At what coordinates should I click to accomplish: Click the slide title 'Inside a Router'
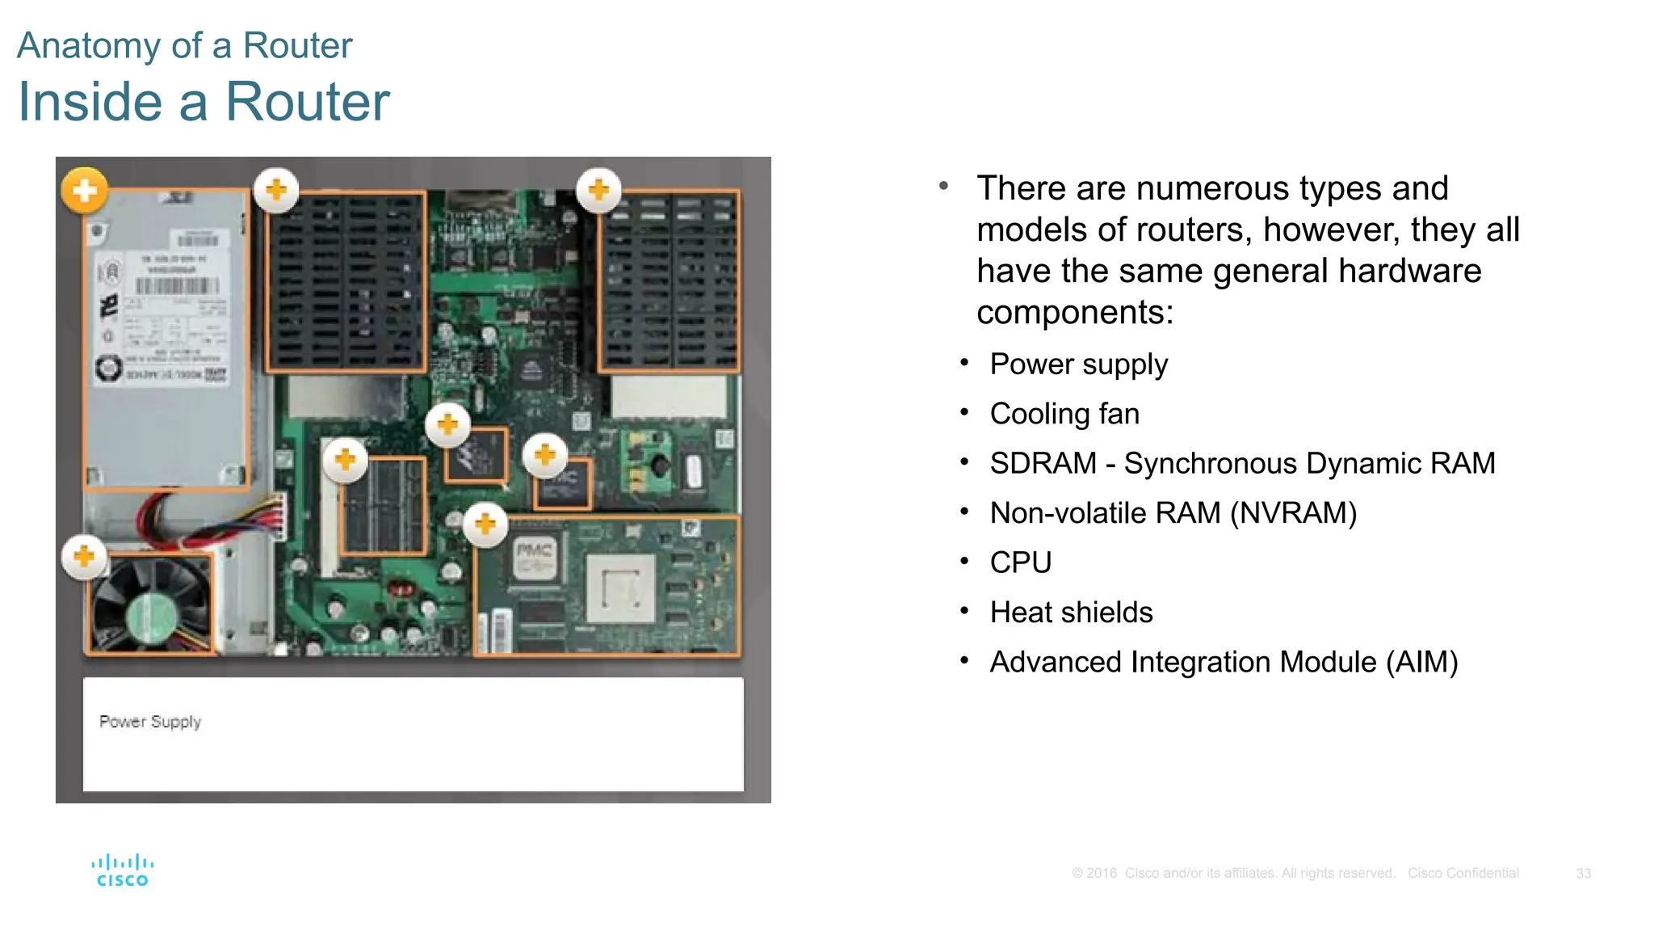[x=204, y=102]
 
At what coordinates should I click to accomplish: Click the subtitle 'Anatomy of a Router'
[x=184, y=45]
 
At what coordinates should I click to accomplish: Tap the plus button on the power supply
[x=84, y=191]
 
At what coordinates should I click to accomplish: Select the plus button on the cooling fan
[x=84, y=556]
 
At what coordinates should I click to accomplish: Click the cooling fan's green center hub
[x=151, y=618]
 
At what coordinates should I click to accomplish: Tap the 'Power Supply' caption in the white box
[x=150, y=722]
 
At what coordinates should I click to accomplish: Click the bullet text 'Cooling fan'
[x=1064, y=414]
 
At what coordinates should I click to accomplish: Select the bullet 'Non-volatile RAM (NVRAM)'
[x=1173, y=513]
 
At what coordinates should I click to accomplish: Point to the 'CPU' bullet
[x=1020, y=562]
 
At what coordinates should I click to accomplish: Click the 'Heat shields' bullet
[x=1071, y=613]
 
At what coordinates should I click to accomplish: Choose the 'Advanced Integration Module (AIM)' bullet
[x=1223, y=662]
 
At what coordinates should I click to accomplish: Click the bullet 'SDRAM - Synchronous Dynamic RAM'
[x=1242, y=463]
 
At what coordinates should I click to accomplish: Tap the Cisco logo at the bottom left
[x=122, y=870]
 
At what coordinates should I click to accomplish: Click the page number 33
[x=1583, y=874]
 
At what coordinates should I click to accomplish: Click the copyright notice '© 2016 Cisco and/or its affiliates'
[x=1232, y=874]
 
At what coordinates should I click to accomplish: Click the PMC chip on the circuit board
[x=535, y=557]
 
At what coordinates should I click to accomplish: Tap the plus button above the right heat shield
[x=598, y=191]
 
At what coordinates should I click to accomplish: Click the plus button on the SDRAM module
[x=345, y=460]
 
